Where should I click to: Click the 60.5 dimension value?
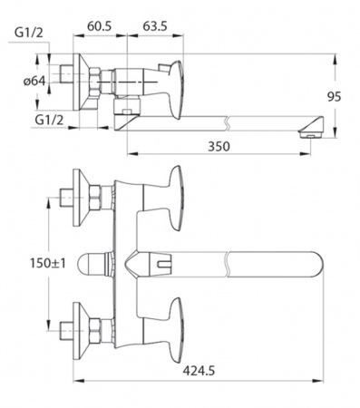(x=100, y=26)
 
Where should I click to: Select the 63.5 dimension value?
(x=155, y=26)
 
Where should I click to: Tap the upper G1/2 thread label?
(x=29, y=33)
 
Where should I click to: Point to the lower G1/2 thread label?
(x=49, y=120)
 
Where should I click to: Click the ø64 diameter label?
(x=34, y=81)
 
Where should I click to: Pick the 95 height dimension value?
(x=335, y=97)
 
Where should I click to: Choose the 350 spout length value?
(x=219, y=146)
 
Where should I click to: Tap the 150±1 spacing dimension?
(x=47, y=263)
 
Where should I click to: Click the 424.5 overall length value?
(x=199, y=371)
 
